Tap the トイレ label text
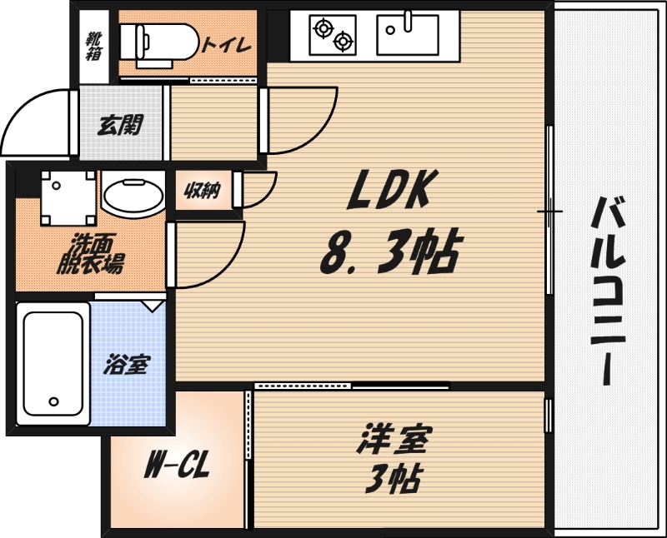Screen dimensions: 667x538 click(226, 45)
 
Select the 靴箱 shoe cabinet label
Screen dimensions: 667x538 click(93, 46)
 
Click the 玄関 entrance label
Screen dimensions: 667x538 click(120, 125)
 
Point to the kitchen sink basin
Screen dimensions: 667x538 click(408, 34)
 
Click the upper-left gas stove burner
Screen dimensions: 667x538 click(323, 28)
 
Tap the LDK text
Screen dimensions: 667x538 click(388, 190)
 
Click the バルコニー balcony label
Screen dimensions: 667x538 click(609, 291)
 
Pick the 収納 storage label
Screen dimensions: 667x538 click(202, 191)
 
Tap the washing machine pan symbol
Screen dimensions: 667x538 click(68, 198)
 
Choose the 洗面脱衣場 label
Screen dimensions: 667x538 click(91, 254)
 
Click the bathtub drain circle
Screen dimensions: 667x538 click(53, 401)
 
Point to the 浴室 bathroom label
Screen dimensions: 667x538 click(127, 365)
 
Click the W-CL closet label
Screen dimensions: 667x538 click(177, 467)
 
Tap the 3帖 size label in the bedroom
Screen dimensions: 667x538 click(394, 479)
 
